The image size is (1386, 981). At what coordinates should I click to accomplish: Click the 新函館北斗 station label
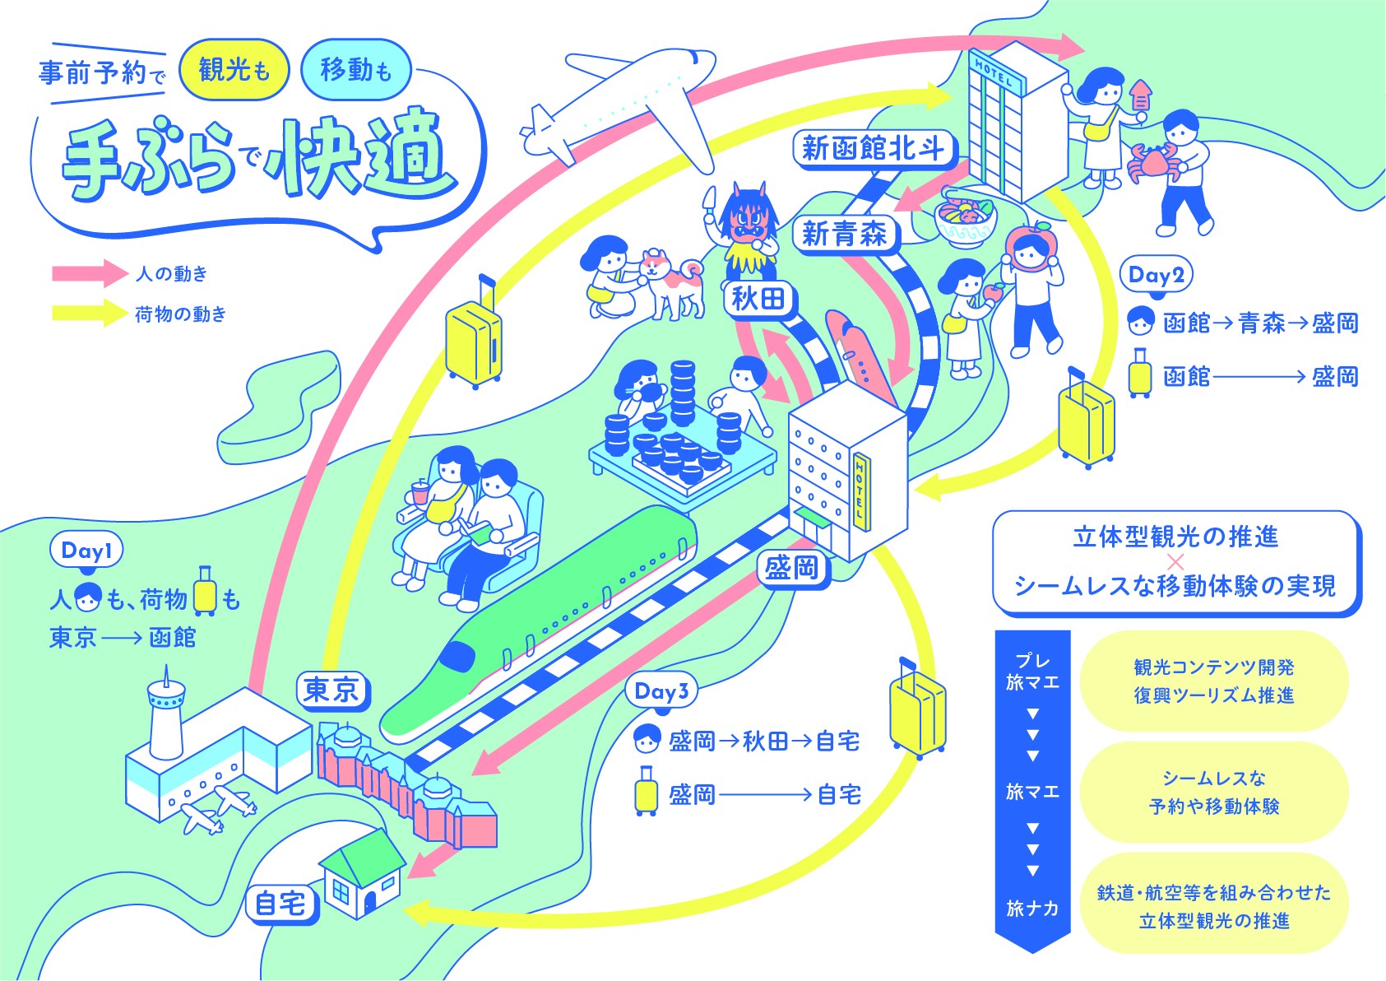coord(874,149)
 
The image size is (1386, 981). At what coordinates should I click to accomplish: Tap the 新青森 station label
coord(846,235)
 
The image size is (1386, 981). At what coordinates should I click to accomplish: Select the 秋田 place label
coord(759,300)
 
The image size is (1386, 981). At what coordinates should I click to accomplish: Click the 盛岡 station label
coord(793,568)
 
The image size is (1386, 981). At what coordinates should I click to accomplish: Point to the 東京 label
coord(332,690)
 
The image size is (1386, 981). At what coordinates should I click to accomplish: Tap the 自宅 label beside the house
coord(281,904)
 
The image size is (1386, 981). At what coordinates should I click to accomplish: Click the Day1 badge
coord(86,551)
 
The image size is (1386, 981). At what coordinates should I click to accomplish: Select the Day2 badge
coord(1156,275)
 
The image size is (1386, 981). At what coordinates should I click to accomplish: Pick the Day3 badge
coord(661,690)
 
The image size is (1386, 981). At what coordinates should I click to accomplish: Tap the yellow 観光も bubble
coord(234,70)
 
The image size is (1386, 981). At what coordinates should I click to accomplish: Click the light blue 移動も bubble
coord(356,70)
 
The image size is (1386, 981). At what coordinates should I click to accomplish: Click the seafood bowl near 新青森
coord(965,220)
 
